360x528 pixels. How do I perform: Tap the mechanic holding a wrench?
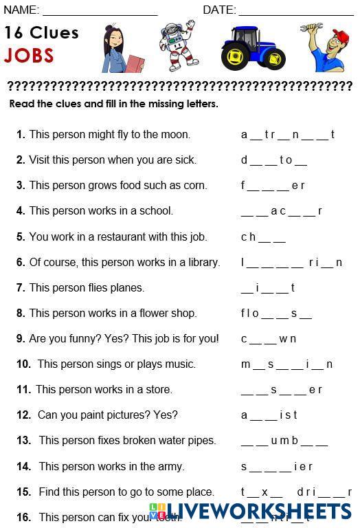326,47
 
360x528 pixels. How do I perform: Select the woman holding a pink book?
121,49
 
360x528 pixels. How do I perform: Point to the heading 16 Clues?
41,32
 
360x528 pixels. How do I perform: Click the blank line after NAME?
100,10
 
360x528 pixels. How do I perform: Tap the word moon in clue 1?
176,134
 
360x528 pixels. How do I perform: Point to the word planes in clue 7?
128,287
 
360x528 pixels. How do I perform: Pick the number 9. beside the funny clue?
21,338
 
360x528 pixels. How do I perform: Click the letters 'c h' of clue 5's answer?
248,237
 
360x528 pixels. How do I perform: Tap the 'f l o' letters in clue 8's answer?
250,313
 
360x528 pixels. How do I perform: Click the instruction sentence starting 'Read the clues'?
113,104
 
